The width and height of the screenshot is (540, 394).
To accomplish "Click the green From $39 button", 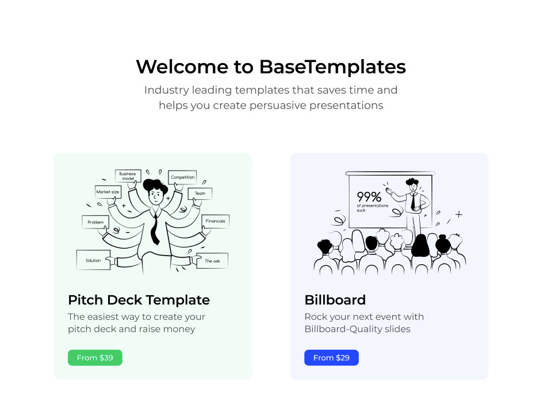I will tap(95, 358).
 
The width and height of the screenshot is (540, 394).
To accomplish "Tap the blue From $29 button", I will tap(331, 358).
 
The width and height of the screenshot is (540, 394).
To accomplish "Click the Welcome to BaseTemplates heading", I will tap(270, 67).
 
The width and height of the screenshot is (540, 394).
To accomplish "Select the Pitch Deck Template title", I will tap(139, 300).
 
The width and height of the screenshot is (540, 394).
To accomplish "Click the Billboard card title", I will tap(335, 300).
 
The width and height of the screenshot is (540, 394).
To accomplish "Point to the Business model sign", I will tap(128, 176).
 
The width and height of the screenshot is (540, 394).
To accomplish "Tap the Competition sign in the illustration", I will tap(183, 177).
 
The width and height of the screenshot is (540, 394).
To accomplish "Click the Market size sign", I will tap(108, 192).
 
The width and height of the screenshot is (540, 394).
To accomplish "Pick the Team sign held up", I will tap(200, 194).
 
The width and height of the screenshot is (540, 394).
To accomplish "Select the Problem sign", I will tap(95, 222).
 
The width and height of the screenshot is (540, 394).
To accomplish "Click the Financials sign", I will tap(215, 221).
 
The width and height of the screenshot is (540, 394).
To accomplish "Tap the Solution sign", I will tap(93, 260).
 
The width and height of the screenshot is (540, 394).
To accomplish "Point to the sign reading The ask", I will tap(212, 261).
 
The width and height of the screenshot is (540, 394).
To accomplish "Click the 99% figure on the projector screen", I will tap(369, 197).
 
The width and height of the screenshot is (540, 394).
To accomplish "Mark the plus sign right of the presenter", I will tap(458, 214).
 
